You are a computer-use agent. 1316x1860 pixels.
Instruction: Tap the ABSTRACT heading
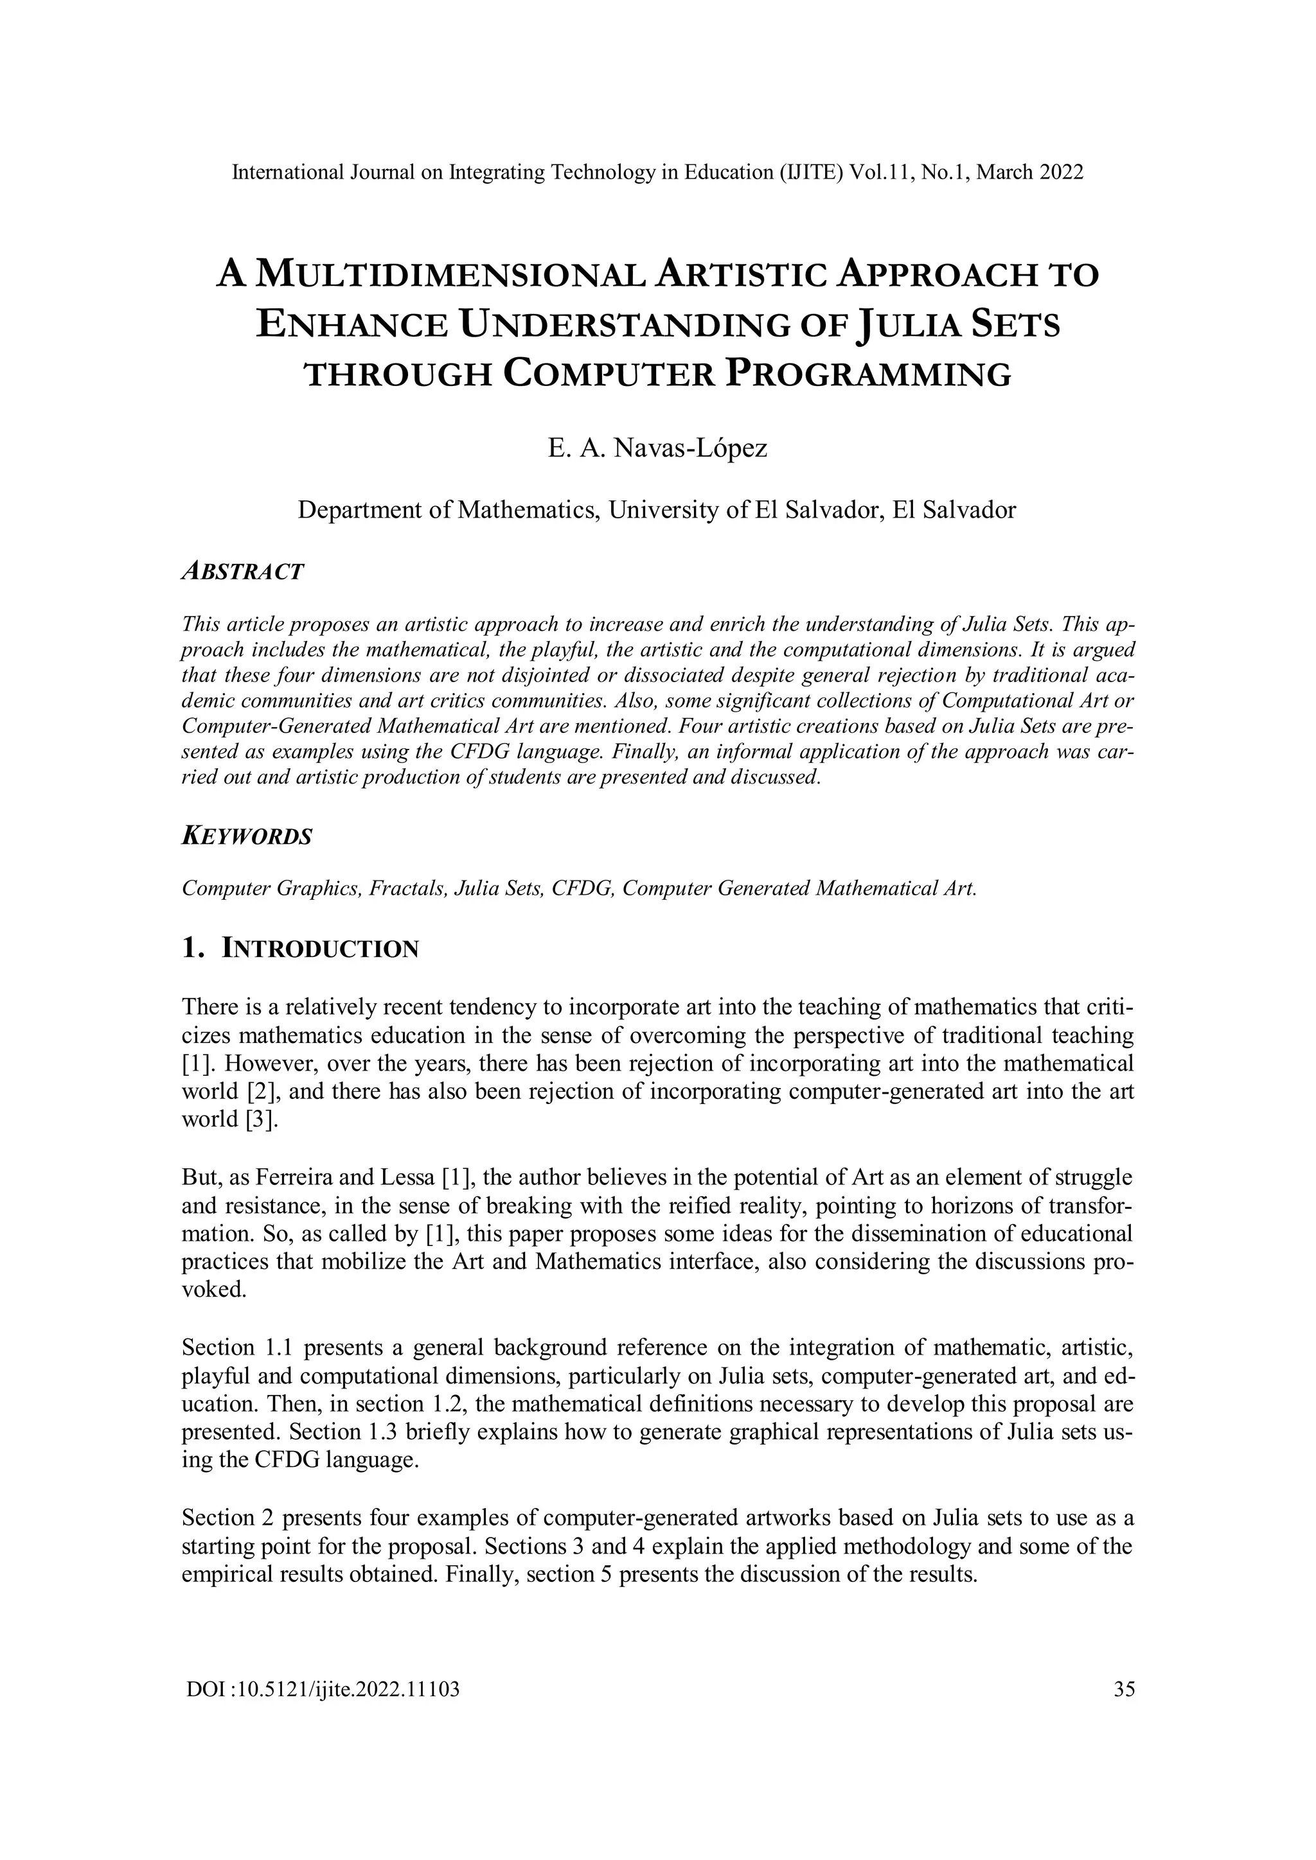[243, 571]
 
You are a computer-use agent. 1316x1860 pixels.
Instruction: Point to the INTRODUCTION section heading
[320, 948]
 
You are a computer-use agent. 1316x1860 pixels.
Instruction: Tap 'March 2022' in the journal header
[1030, 173]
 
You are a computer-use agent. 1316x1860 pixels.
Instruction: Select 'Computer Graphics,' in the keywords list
[271, 888]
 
